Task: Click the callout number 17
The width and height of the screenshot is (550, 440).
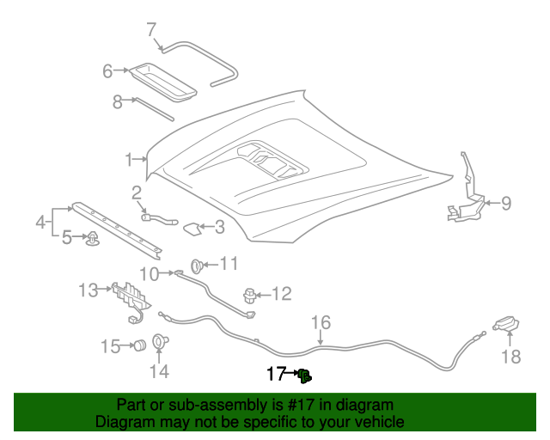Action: coord(275,374)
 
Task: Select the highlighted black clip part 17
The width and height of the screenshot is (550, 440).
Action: coord(304,375)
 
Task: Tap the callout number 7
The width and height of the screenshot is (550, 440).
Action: coord(151,29)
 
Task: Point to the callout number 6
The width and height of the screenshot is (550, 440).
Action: coord(107,71)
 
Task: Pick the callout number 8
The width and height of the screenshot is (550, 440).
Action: coord(118,101)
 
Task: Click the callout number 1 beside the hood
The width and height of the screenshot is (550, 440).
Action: coord(128,159)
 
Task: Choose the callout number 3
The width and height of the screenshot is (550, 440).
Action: coord(219,227)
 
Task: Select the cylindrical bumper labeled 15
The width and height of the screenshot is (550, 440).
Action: coord(136,345)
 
